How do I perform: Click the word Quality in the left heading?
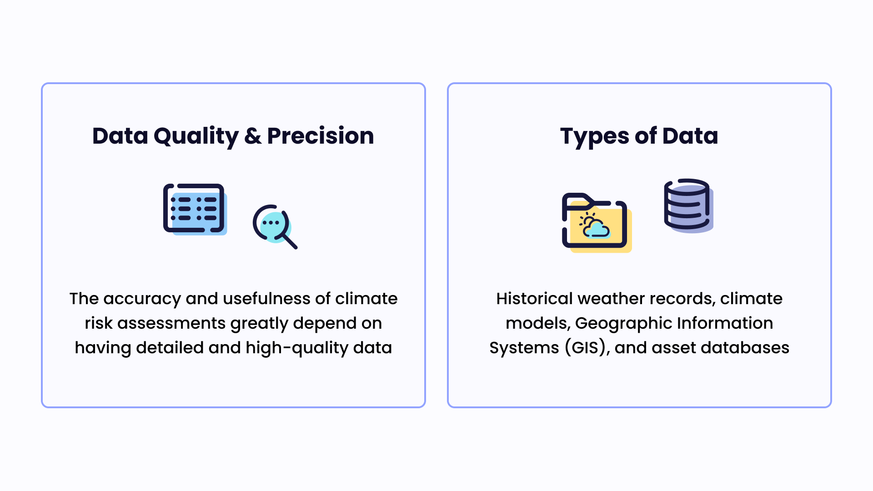click(196, 136)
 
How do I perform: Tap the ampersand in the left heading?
click(253, 136)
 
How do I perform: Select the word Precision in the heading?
click(321, 136)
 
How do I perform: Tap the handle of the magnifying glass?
click(290, 241)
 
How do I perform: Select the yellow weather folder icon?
click(596, 223)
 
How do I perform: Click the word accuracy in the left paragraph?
click(142, 299)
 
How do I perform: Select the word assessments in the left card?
click(171, 323)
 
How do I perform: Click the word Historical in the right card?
click(534, 299)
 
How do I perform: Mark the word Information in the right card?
click(725, 323)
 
